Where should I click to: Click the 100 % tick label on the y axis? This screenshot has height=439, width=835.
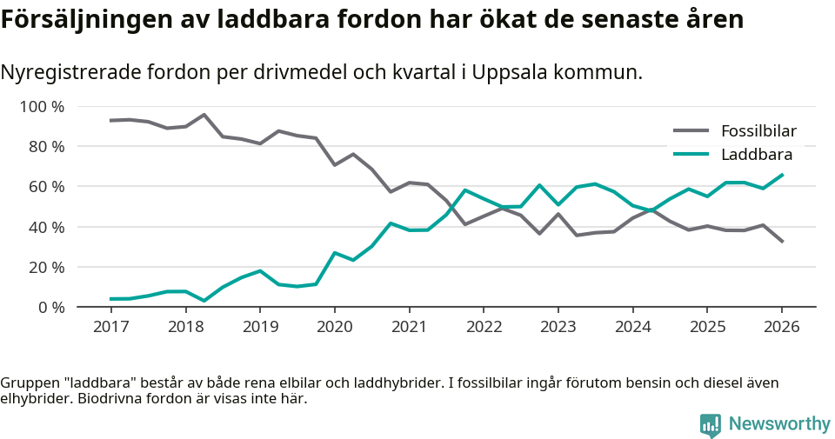(42, 107)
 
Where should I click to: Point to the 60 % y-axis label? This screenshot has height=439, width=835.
(45, 187)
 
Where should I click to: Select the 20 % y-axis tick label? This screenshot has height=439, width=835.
(45, 267)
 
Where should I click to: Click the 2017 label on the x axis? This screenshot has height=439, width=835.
(111, 327)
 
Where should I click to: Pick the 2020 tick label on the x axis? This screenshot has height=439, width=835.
(335, 327)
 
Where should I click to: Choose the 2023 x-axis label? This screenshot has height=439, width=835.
(558, 327)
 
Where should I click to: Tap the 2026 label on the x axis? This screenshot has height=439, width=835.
(781, 327)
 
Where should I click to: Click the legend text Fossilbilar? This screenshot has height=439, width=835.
(758, 132)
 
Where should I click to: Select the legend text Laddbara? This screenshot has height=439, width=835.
(756, 155)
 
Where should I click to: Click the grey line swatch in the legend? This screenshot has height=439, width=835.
(691, 132)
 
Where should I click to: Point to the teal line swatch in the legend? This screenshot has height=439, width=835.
(691, 155)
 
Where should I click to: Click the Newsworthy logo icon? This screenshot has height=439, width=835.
(711, 424)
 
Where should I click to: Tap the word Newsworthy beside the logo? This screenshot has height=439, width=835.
(779, 424)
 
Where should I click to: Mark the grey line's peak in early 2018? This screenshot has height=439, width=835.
(204, 115)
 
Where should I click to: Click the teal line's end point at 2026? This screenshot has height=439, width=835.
(782, 175)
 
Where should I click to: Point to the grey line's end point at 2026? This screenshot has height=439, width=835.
(782, 242)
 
